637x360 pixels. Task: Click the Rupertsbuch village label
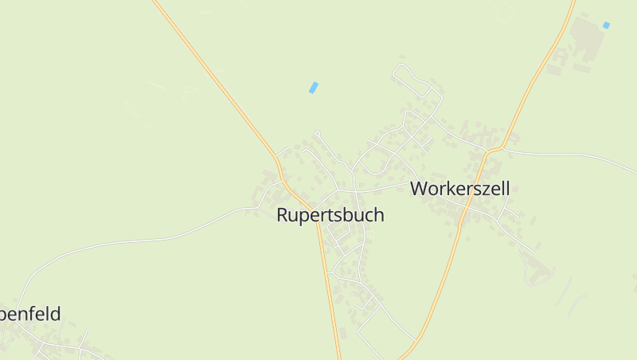pyautogui.click(x=330, y=215)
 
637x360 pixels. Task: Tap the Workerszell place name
pyautogui.click(x=459, y=189)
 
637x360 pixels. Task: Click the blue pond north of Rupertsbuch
pyautogui.click(x=313, y=88)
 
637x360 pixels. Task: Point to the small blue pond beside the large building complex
pyautogui.click(x=606, y=25)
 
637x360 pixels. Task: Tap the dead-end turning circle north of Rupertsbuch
pyautogui.click(x=317, y=132)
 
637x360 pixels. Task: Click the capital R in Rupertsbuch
pyautogui.click(x=283, y=215)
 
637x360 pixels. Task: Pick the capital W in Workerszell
pyautogui.click(x=419, y=189)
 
